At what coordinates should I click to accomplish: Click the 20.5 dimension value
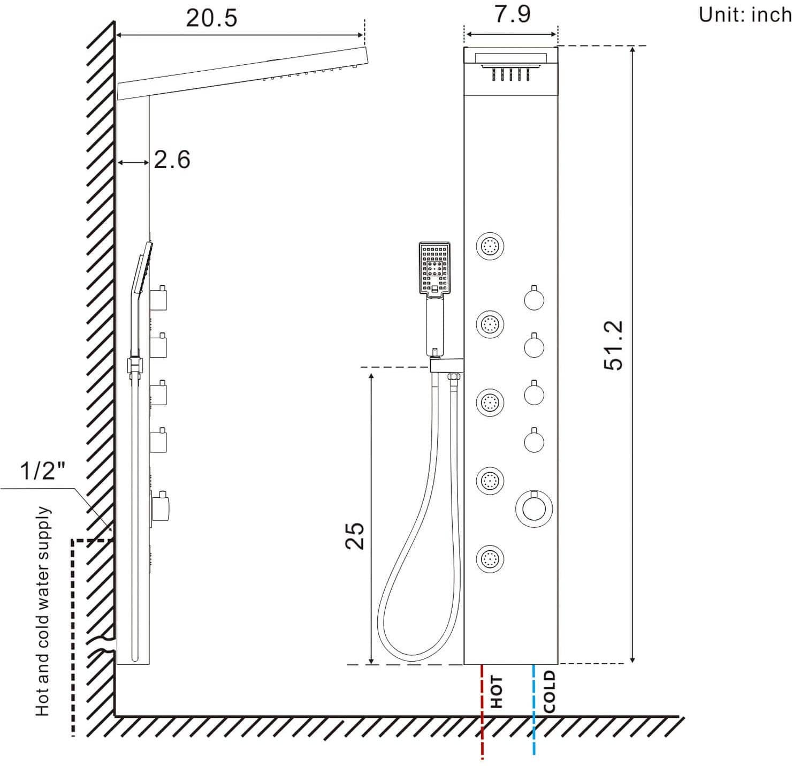211,18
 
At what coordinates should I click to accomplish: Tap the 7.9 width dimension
512,13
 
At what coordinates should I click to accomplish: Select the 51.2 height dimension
614,345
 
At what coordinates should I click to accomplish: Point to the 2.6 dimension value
172,160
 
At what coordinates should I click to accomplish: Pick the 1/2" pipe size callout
42,472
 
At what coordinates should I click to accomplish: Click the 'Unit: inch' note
744,15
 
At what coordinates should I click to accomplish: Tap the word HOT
497,692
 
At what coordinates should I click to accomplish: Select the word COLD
550,692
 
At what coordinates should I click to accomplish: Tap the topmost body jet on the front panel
490,246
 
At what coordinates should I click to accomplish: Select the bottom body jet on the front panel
490,559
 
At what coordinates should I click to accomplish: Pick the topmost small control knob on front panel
533,299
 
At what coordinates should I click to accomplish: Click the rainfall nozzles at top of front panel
510,73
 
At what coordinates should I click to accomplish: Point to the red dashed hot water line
483,712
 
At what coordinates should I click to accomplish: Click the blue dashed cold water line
534,712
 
